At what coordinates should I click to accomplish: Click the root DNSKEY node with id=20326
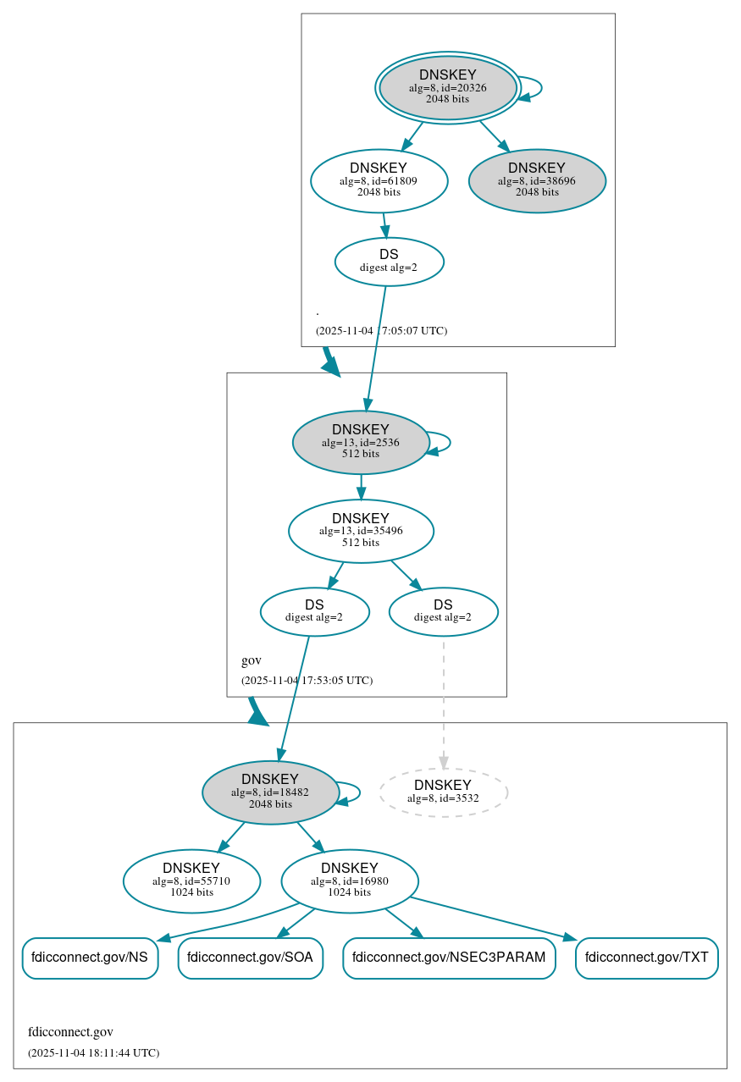tap(447, 87)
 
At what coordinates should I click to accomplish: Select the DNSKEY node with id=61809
tap(379, 180)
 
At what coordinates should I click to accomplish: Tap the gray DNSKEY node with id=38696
tap(537, 180)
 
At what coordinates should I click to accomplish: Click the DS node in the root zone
tap(389, 262)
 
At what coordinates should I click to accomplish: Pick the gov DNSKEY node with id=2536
tap(361, 442)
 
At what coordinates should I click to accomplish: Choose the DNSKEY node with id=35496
tap(361, 531)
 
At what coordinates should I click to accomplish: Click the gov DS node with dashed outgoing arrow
tap(443, 611)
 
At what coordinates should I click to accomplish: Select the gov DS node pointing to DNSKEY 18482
tap(314, 611)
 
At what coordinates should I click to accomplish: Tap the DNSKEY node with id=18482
tap(270, 792)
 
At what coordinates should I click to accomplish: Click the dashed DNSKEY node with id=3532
tap(443, 792)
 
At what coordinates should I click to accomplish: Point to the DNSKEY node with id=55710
tap(191, 881)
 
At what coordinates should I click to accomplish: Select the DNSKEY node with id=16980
tap(349, 881)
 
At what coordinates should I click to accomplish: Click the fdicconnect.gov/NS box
tap(90, 958)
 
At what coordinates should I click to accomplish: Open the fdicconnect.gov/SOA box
tap(250, 958)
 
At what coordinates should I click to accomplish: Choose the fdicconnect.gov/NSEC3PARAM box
tap(449, 958)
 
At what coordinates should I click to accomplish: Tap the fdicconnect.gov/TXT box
tap(646, 958)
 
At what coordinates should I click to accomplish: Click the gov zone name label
tap(252, 660)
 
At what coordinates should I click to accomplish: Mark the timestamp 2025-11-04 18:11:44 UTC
tap(93, 1053)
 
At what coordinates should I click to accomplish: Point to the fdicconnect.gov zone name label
tap(70, 1032)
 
